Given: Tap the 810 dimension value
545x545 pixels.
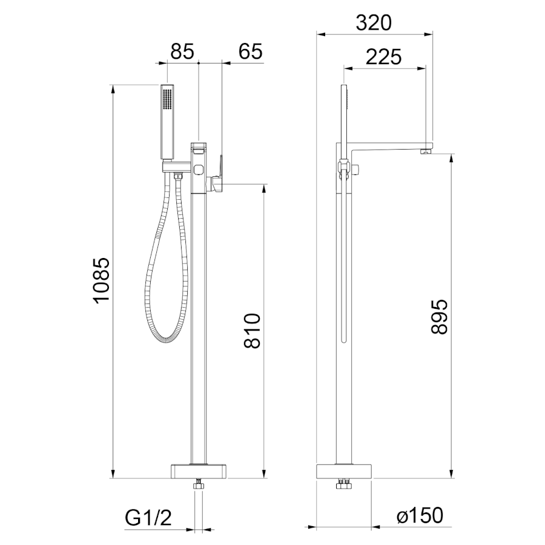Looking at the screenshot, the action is coord(252,331).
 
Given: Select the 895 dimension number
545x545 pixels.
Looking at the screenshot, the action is coord(439,317).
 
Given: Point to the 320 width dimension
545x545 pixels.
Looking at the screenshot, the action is coord(374,23).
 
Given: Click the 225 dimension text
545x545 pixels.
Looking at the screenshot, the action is coord(384,57).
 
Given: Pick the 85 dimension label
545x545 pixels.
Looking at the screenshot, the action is coord(182,51).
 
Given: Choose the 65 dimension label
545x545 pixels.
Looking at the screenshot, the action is coord(250,51).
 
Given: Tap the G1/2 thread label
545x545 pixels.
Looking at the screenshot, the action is coord(148,518).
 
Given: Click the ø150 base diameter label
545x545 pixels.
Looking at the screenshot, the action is coord(420,515).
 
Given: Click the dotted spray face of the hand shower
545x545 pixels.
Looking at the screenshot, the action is coord(167,99).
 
